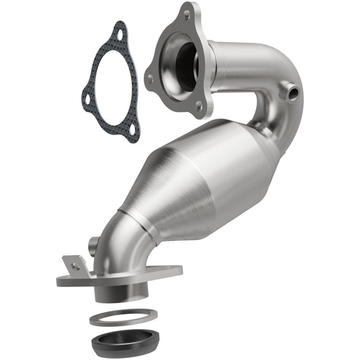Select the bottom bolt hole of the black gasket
click(x=132, y=129)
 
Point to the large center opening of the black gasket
click(x=112, y=84)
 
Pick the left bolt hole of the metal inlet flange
click(x=150, y=78)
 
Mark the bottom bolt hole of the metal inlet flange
click(x=198, y=106)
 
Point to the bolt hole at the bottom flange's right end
click(x=170, y=272)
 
